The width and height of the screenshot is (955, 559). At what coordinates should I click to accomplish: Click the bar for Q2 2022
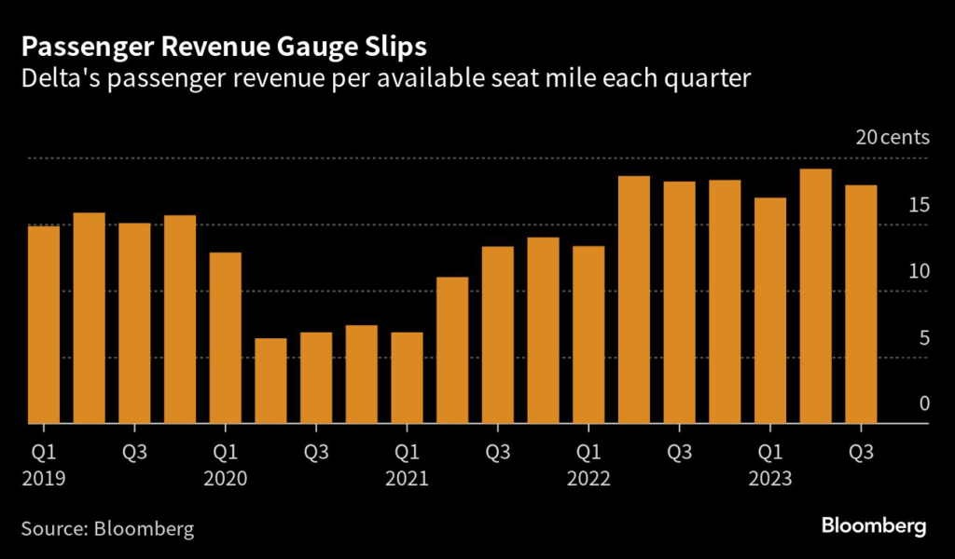[x=634, y=299]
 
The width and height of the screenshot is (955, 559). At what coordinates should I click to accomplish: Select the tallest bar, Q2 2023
[x=816, y=296]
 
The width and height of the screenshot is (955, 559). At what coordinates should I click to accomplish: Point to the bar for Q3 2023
[x=861, y=304]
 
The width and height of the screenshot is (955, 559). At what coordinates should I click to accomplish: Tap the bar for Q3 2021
[x=498, y=334]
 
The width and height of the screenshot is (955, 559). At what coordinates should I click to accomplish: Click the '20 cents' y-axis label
[x=893, y=138]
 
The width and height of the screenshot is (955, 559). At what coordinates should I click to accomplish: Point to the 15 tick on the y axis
[x=920, y=205]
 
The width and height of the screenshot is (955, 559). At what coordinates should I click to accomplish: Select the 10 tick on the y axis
[x=920, y=271]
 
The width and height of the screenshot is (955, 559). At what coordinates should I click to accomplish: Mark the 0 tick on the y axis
[x=924, y=403]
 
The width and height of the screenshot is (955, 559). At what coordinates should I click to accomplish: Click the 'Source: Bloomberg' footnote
[x=108, y=529]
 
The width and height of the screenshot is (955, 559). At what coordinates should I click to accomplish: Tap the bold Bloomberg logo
[x=874, y=527]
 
